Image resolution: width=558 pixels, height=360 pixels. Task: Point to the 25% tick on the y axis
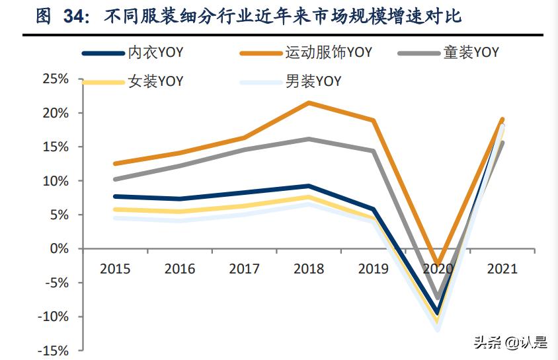pyautogui.click(x=56, y=79)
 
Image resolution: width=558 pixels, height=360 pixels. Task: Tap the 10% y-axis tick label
pyautogui.click(x=56, y=181)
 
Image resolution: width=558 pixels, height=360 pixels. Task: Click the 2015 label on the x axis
pyautogui.click(x=115, y=270)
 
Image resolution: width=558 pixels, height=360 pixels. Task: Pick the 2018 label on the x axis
pyautogui.click(x=309, y=270)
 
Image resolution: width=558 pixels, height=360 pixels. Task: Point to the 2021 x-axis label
pyautogui.click(x=502, y=270)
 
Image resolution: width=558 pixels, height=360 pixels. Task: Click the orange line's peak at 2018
pyautogui.click(x=309, y=103)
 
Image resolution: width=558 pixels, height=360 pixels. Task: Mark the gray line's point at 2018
pyautogui.click(x=309, y=139)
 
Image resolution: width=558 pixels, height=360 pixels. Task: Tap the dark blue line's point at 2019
pyautogui.click(x=374, y=209)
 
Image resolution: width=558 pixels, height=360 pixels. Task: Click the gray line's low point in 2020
pyautogui.click(x=436, y=297)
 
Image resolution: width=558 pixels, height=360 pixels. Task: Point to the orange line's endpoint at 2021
pyautogui.click(x=502, y=120)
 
